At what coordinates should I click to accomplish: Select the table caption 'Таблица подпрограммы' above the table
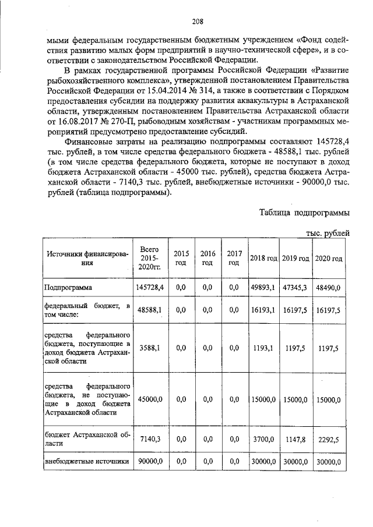click(x=304, y=212)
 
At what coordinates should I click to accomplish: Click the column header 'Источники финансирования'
click(x=87, y=258)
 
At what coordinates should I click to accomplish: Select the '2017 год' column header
click(x=234, y=258)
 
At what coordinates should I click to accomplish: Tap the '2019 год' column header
click(x=295, y=258)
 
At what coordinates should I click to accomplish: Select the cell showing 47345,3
click(x=295, y=288)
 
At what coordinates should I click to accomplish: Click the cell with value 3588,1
click(x=150, y=348)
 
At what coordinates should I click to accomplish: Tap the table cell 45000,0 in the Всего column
click(x=150, y=399)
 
